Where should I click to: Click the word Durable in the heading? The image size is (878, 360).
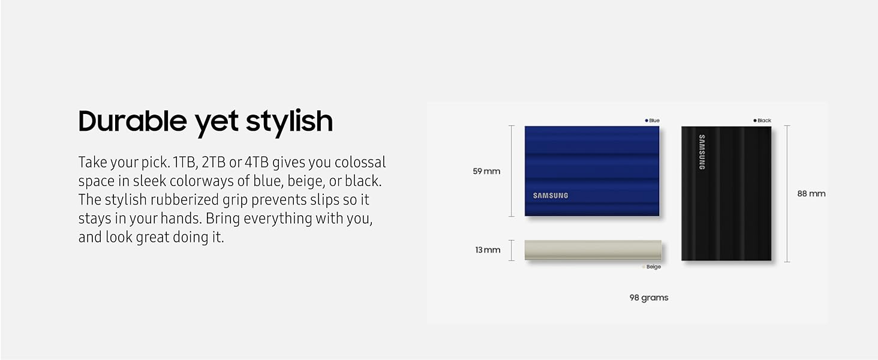133,121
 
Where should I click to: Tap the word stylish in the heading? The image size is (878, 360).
289,121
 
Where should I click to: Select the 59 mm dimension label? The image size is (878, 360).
486,172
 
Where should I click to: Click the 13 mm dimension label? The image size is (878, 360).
488,250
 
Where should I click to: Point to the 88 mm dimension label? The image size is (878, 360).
811,194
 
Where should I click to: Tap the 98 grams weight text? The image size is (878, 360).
649,298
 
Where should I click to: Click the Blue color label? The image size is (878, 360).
653,121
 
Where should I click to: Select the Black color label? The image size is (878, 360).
762,121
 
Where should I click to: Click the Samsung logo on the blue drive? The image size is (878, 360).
551,196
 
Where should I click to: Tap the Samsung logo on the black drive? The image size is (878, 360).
702,152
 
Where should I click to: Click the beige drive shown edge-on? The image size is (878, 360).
593,250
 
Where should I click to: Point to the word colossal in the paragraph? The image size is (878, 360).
360,163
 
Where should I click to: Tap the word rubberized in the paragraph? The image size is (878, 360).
185,200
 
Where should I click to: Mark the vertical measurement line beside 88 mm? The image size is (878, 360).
787,194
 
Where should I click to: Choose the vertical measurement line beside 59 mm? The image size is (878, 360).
512,171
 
